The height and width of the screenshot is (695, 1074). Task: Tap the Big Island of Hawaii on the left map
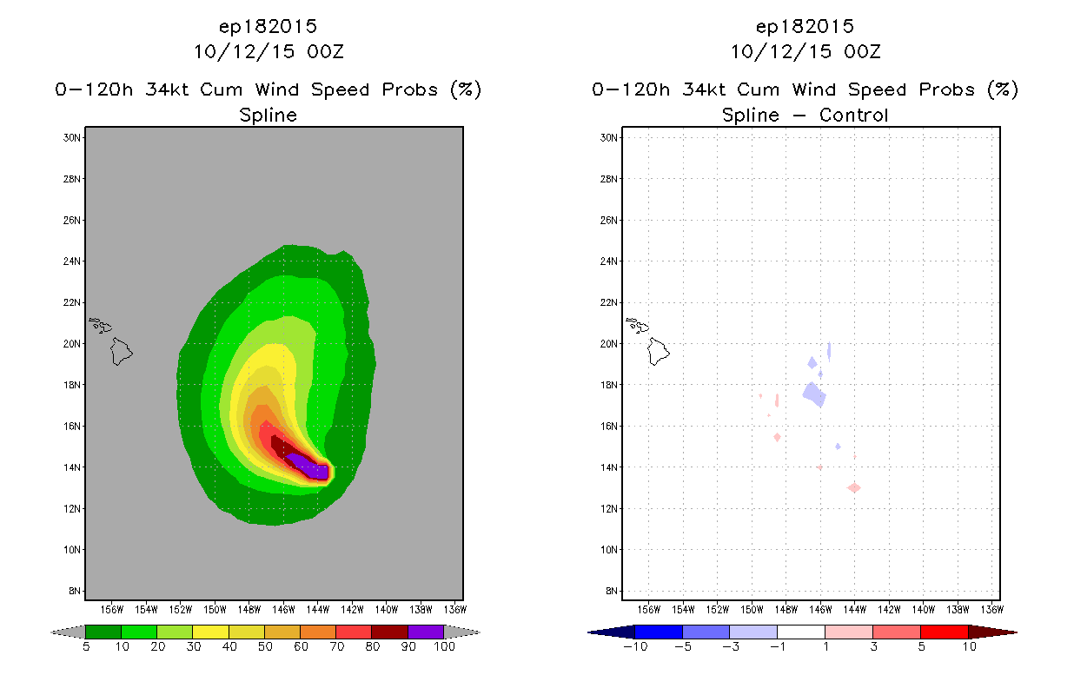point(121,352)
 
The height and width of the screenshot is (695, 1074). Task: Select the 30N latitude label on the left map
point(72,137)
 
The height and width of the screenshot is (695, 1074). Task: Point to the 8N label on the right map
point(611,591)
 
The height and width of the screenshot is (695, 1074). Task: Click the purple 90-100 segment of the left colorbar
point(426,632)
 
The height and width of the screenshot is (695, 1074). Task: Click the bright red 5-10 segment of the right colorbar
point(944,632)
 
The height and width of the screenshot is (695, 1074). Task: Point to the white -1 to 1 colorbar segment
point(800,632)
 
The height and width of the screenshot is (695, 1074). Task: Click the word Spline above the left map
point(268,115)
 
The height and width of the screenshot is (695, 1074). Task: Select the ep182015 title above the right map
point(805,27)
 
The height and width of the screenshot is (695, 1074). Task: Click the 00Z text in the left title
point(324,51)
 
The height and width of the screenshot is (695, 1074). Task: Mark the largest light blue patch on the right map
point(813,394)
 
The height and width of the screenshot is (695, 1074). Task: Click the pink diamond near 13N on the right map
point(854,487)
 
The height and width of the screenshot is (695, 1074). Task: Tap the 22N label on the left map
point(72,302)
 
